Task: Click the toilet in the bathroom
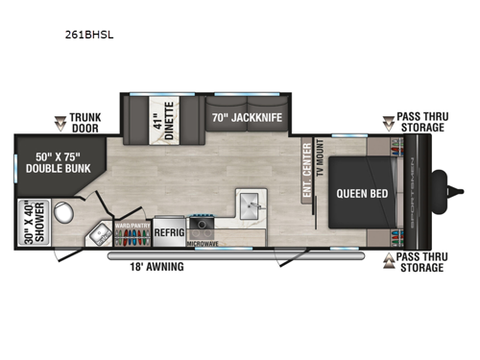point(66,212)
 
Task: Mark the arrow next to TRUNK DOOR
point(59,122)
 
